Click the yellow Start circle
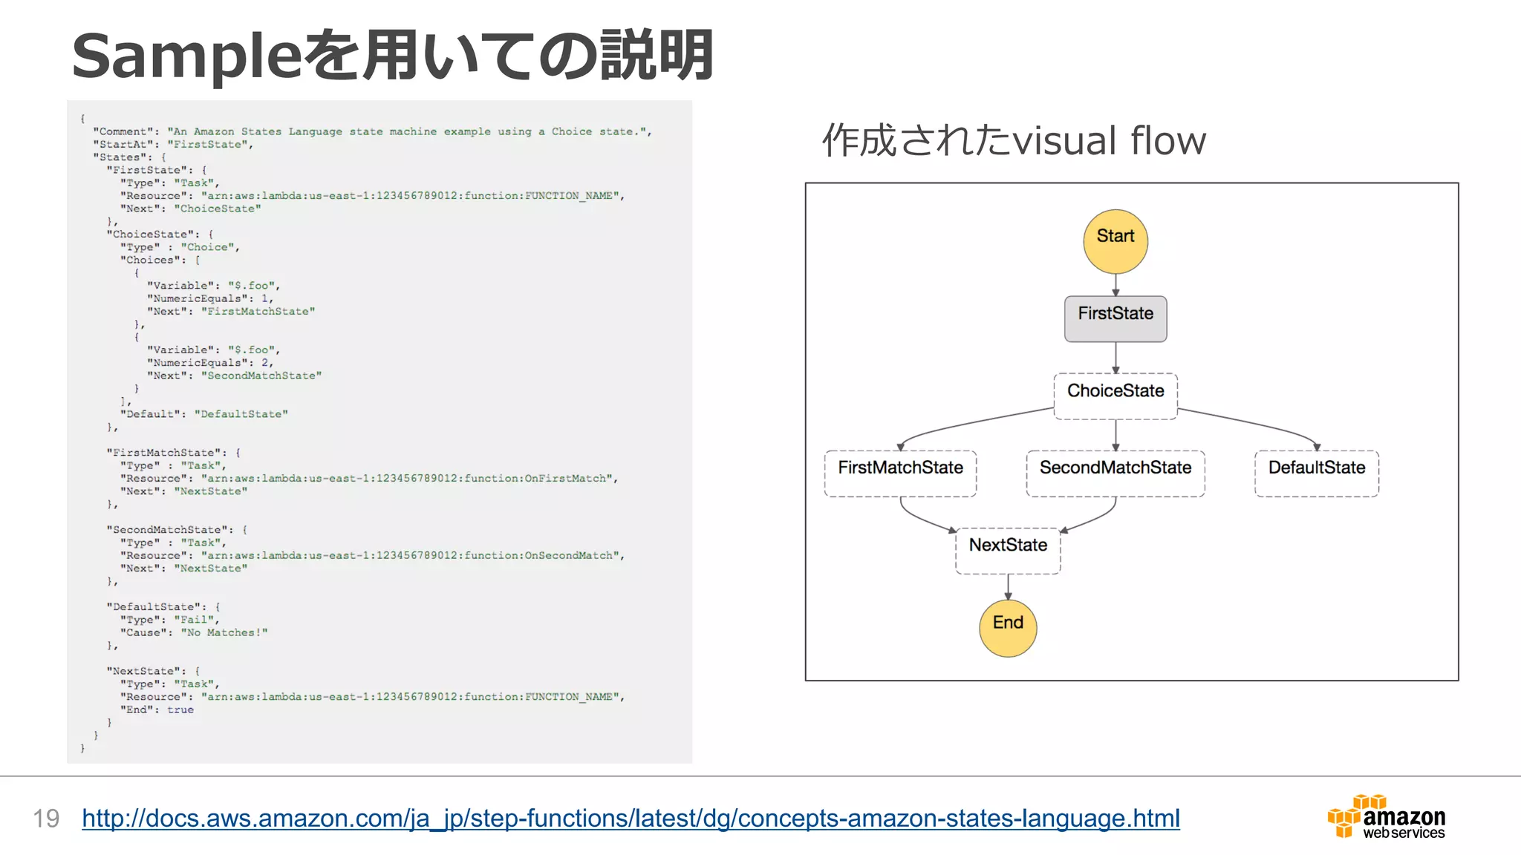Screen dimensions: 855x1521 tap(1115, 241)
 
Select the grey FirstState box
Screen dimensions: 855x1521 tap(1115, 319)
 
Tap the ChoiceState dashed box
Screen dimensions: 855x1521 tap(1115, 396)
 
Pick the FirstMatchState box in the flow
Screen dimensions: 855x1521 tap(900, 474)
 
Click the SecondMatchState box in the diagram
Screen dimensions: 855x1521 tap(1115, 474)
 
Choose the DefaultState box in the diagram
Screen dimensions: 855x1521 tap(1316, 474)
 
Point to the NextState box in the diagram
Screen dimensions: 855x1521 tap(1008, 551)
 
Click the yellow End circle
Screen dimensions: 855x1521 tap(1008, 628)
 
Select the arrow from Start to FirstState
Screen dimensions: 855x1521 tap(1115, 285)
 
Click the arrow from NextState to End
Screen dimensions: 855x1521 tap(1008, 586)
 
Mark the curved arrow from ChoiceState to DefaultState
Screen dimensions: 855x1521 tap(1255, 423)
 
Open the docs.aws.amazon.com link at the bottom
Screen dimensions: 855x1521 tap(631, 818)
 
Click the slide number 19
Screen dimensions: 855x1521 tap(46, 819)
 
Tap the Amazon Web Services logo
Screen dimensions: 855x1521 tap(1386, 817)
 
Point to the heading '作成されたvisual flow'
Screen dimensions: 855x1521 tap(1013, 140)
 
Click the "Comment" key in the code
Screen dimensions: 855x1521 tap(123, 131)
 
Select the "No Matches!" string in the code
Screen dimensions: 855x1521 tap(224, 632)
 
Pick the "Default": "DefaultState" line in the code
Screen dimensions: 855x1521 tap(203, 414)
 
